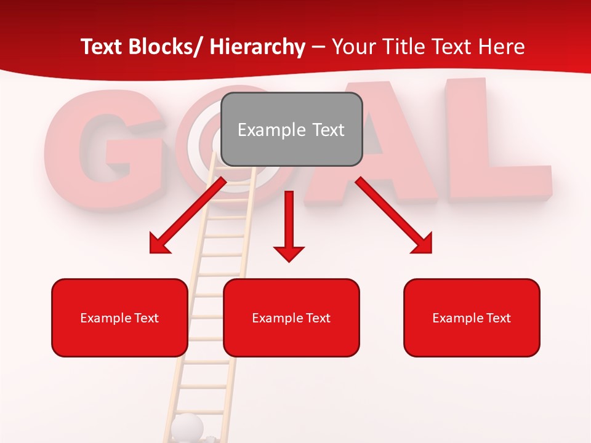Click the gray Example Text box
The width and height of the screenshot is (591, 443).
(291, 129)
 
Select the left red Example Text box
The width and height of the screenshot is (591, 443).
(119, 317)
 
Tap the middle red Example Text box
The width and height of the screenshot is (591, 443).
(291, 317)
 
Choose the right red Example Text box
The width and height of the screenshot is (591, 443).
(472, 317)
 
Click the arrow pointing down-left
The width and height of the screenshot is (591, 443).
(188, 216)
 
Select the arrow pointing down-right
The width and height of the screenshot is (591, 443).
(394, 215)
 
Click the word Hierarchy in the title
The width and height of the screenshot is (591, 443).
(257, 47)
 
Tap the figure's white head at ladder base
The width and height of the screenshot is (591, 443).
(187, 426)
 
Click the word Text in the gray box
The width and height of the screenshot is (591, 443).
(324, 130)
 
